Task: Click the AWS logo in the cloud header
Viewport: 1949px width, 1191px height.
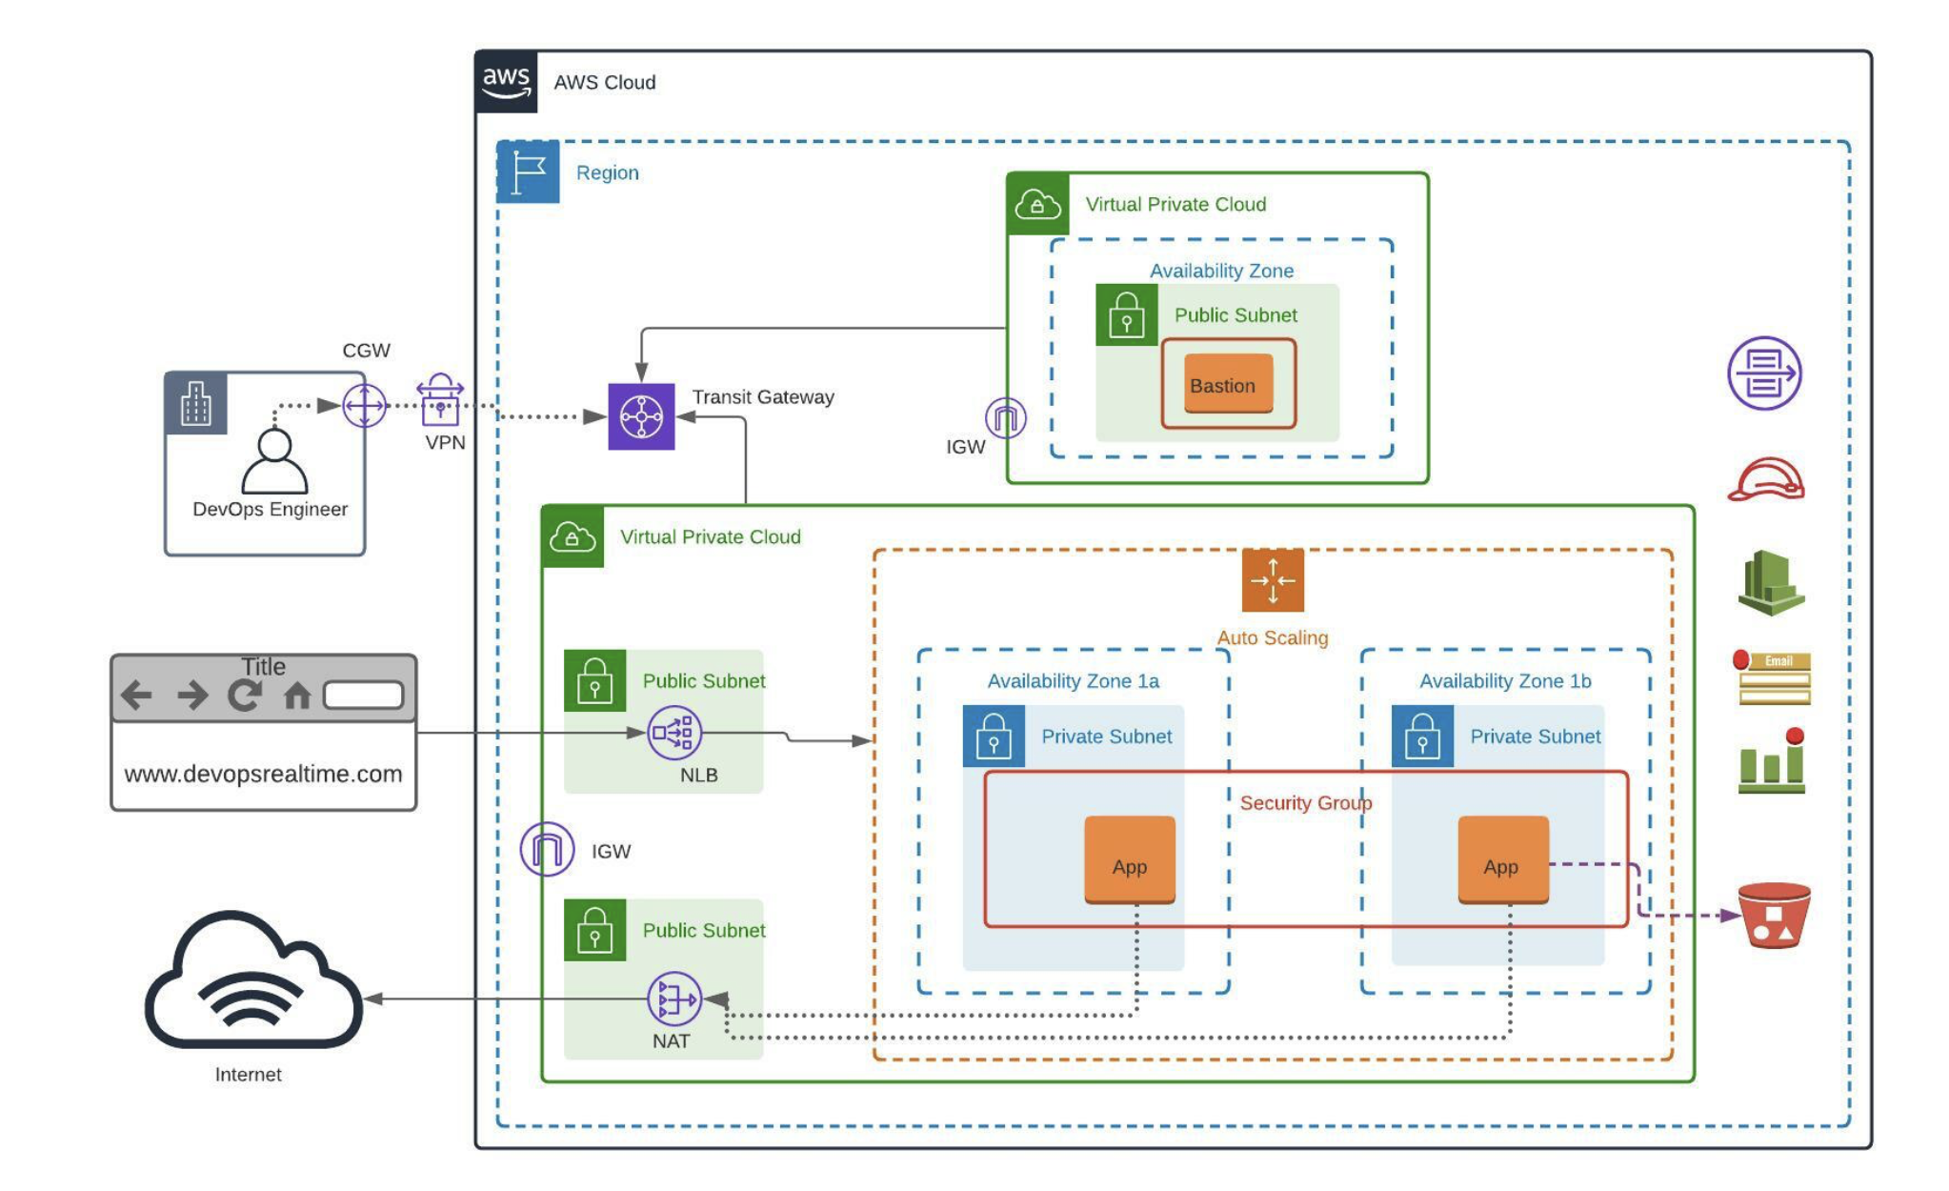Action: [506, 82]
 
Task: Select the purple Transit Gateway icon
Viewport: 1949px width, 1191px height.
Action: [641, 416]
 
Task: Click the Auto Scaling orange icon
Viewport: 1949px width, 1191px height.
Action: [1273, 580]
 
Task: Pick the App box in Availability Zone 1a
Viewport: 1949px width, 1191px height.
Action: [1129, 860]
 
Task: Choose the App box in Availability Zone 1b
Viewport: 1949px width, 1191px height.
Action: [1502, 860]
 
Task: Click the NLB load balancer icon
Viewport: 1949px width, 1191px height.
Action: [674, 733]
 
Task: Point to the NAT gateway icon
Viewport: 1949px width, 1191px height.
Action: [674, 999]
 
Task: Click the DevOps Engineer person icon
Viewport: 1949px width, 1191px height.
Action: [274, 461]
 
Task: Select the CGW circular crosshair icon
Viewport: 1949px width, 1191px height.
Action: [364, 407]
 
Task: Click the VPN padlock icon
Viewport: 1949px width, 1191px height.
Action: [439, 400]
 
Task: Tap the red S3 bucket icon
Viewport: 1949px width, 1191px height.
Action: [1774, 915]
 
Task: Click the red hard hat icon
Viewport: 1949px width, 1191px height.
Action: [1766, 479]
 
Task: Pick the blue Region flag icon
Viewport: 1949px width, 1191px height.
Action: [528, 172]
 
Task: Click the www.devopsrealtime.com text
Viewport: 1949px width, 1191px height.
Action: [263, 774]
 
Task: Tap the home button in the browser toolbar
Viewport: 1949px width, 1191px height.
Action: [297, 696]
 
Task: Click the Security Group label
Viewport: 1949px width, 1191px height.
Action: [1305, 803]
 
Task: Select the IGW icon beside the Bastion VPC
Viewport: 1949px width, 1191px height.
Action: [1005, 418]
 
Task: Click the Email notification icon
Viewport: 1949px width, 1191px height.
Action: [1774, 678]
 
